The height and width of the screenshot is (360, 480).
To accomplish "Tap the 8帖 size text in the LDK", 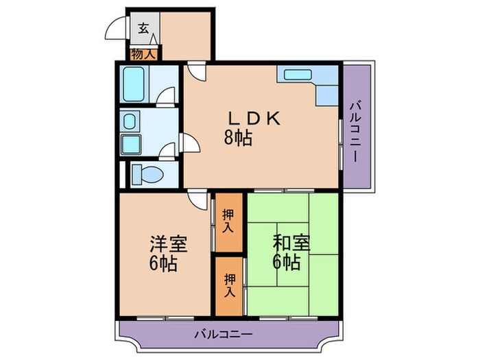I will tap(237, 138).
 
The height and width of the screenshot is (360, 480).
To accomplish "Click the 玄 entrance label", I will tap(143, 28).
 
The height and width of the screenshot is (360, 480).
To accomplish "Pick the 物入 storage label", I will tap(142, 51).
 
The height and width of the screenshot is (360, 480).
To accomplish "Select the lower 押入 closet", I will tap(228, 283).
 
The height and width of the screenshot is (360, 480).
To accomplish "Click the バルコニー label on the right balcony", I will tap(356, 131).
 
